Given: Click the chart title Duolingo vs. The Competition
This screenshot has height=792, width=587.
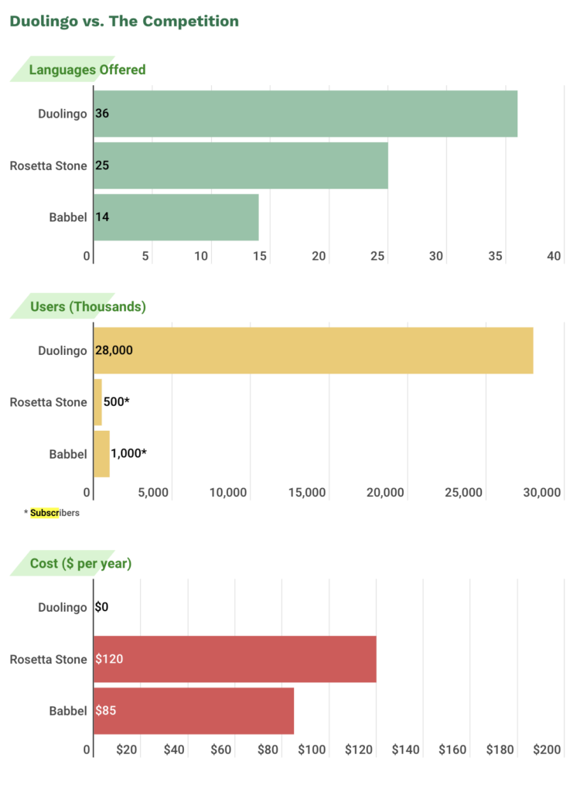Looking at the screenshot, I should point(124,21).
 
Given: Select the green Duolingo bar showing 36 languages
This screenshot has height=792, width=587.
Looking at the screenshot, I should point(305,114).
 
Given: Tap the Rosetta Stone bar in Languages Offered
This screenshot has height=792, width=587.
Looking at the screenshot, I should point(241,166).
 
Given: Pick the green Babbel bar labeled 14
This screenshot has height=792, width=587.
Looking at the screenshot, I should point(176,217).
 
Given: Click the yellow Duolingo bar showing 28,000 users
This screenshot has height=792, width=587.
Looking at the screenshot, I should point(313,350).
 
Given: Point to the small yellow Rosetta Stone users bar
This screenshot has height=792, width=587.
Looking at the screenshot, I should point(97,402).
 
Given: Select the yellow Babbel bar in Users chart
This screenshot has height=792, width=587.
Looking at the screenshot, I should point(101,454).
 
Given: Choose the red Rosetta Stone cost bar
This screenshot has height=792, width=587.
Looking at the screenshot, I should point(235,659).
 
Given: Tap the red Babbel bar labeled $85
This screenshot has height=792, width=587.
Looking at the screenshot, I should point(194,711).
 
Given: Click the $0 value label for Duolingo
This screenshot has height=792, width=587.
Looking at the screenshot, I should point(101,607).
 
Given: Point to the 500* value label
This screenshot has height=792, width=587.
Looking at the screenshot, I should point(116,402).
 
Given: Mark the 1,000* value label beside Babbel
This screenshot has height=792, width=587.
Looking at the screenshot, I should point(128,454).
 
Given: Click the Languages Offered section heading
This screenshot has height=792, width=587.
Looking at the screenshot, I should point(87,70).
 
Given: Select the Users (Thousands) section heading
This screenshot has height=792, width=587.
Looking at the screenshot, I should point(87,306).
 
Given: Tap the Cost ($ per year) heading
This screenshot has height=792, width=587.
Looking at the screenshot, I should point(80,563).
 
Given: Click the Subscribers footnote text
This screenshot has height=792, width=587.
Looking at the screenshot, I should point(54,512).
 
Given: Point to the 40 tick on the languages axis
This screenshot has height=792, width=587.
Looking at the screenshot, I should point(554,256).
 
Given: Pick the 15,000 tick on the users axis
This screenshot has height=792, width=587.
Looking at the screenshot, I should point(307,493).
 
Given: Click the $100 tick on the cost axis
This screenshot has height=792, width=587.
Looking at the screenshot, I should point(313,749).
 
